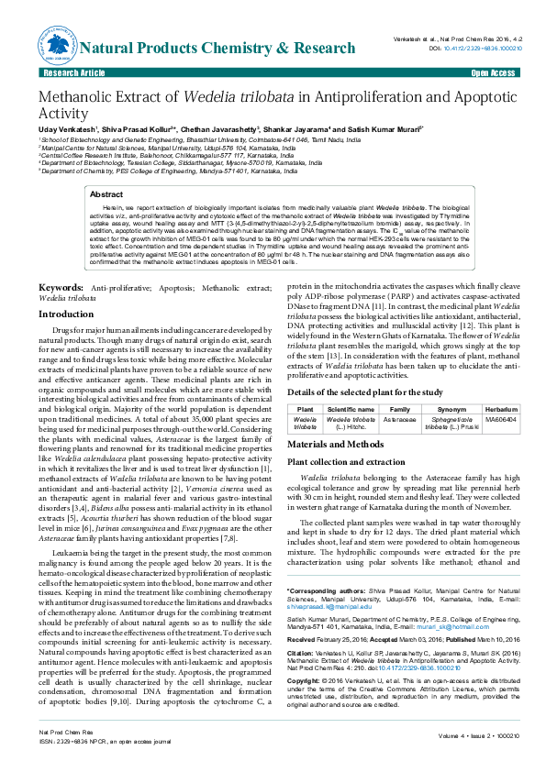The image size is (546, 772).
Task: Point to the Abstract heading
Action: click(106, 195)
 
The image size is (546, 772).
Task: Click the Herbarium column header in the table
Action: click(500, 408)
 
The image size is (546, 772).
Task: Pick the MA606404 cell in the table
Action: click(500, 419)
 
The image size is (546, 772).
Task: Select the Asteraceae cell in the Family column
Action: click(400, 419)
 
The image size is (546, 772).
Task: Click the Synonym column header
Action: click(451, 408)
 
